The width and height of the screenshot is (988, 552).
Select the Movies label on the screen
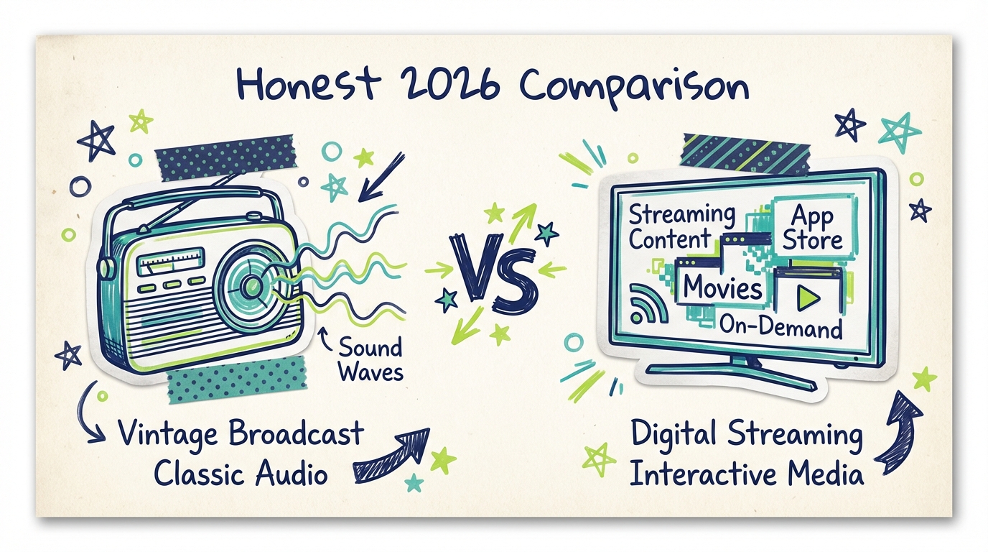point(722,287)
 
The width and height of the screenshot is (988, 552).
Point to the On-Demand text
point(780,328)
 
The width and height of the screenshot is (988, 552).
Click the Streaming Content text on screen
point(681,226)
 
